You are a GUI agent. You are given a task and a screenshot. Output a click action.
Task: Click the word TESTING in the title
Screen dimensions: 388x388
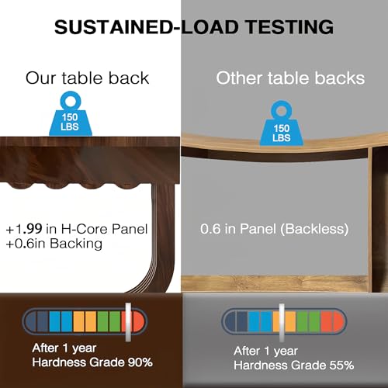(289, 27)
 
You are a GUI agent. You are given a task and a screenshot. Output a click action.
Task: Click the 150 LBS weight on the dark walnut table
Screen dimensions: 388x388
(71, 114)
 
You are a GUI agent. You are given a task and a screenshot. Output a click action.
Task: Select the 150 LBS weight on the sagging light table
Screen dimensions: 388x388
(282, 123)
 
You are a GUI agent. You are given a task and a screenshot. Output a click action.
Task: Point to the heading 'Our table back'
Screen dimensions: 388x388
(87, 78)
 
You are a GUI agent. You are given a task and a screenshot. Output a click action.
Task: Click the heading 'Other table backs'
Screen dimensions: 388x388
(290, 78)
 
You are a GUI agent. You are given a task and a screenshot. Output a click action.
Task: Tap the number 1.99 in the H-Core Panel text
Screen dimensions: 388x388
(29, 229)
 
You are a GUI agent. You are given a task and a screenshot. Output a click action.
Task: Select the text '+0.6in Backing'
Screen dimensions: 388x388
(54, 244)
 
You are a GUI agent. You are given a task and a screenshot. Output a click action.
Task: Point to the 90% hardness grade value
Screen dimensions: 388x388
(140, 362)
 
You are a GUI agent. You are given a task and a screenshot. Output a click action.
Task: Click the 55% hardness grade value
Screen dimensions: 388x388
(341, 365)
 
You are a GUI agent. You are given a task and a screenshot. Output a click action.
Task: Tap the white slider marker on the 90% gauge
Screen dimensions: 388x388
(128, 322)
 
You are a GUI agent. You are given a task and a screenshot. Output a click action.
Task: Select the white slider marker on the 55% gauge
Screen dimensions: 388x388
(282, 322)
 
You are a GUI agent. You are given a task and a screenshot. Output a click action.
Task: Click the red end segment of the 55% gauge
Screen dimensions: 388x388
(338, 322)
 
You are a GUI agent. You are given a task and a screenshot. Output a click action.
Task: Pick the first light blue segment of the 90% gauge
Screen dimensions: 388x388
(54, 321)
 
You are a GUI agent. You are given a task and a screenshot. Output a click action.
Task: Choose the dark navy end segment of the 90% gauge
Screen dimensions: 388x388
(31, 321)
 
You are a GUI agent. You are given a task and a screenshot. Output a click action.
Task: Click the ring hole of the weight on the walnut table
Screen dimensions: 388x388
(71, 102)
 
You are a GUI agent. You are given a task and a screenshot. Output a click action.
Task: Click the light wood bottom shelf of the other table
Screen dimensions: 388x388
(274, 283)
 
